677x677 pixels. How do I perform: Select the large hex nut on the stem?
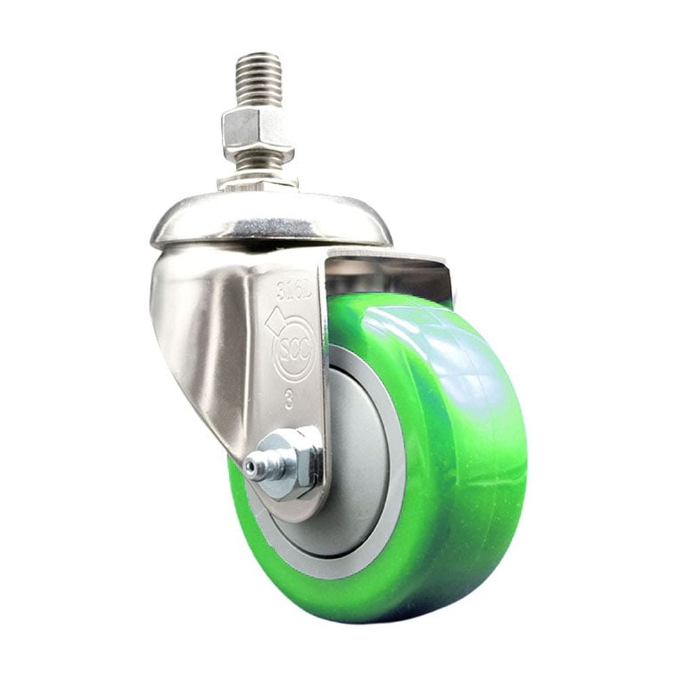click(257, 131)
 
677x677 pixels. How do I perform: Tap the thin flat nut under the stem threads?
click(257, 181)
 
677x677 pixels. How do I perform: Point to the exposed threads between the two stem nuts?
click(257, 161)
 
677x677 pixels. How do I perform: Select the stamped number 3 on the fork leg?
click(289, 401)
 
